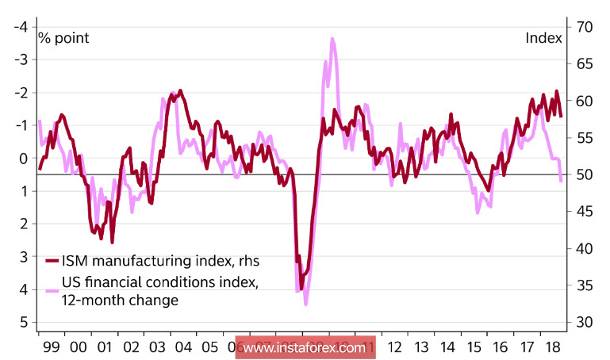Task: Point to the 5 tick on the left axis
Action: (x=24, y=322)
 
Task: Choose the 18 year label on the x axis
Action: (x=549, y=347)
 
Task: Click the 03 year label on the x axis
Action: (x=155, y=347)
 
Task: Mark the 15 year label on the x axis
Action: (x=474, y=347)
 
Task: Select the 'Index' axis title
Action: (x=543, y=38)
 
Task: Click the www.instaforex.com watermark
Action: (x=304, y=347)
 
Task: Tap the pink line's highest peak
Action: (x=332, y=38)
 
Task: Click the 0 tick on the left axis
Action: (x=24, y=158)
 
